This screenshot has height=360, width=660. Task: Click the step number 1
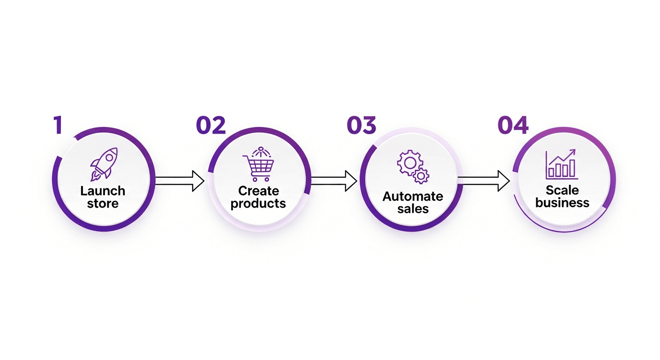[x=58, y=125]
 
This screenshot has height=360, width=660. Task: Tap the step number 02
[x=211, y=125]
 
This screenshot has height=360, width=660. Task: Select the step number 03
[x=361, y=125]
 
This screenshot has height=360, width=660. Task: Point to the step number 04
[x=513, y=125]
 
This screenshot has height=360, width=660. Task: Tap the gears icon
[x=413, y=167]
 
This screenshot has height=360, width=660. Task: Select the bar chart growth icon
[x=562, y=165]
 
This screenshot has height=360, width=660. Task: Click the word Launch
[x=103, y=191]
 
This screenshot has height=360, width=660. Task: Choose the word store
[x=103, y=203]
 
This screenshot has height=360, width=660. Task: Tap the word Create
[x=258, y=191]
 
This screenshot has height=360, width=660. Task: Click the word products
[x=258, y=203]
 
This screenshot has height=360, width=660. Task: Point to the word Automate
[x=413, y=196]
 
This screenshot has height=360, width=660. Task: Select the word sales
[x=413, y=209]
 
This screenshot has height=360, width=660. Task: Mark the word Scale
[x=562, y=190]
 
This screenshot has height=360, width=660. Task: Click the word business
[x=562, y=202]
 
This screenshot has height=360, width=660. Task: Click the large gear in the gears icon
[x=407, y=163]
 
